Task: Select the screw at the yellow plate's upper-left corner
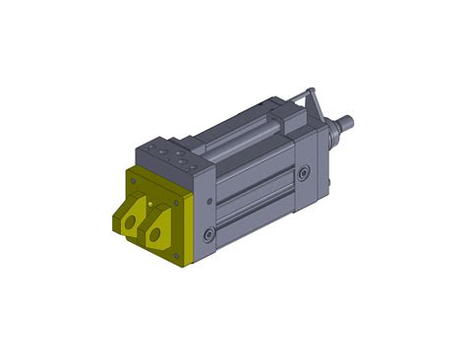130,177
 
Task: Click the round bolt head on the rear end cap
304,172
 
